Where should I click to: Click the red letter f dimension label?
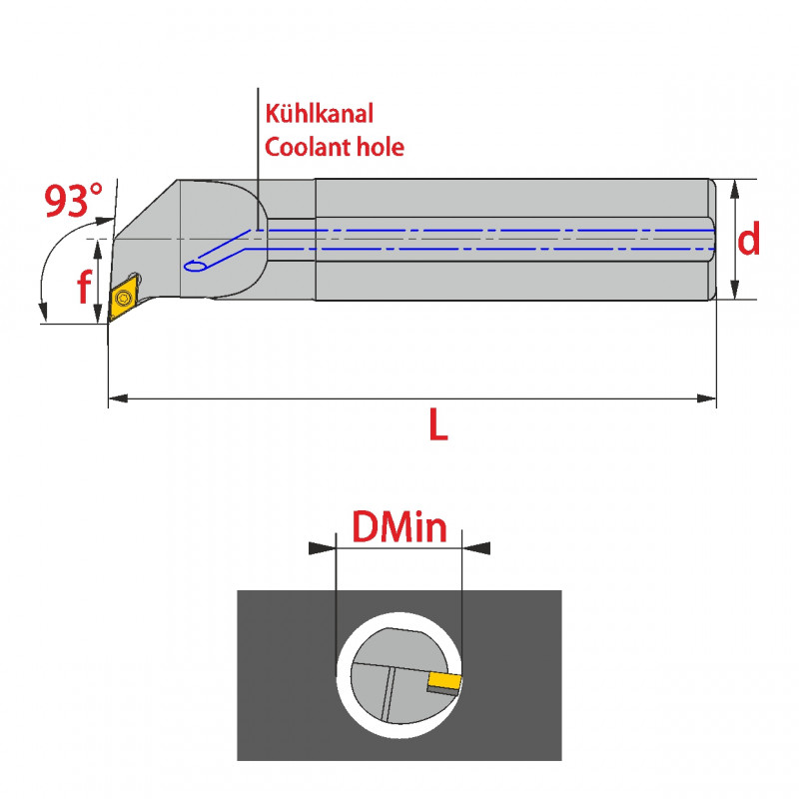click(x=85, y=289)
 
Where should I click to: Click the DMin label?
click(x=399, y=525)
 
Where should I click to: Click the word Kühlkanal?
click(x=318, y=113)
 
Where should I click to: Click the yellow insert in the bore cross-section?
click(x=443, y=682)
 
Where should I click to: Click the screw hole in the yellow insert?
click(x=124, y=298)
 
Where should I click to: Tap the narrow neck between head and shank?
click(x=292, y=240)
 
